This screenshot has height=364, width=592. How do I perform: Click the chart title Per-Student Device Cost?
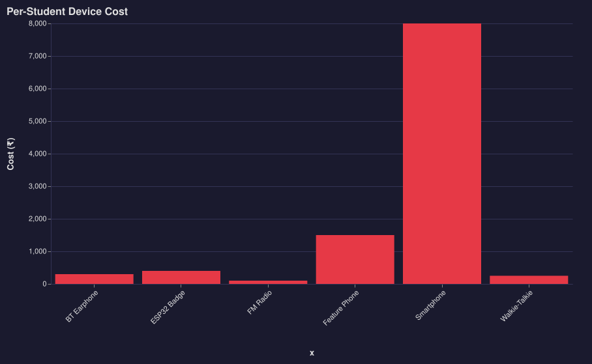(x=67, y=12)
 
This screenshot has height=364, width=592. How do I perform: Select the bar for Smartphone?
(x=442, y=154)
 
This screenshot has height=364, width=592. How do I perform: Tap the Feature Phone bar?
(x=355, y=259)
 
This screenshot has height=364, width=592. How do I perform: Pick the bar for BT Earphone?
(x=94, y=279)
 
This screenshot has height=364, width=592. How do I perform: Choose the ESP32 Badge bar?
(x=181, y=277)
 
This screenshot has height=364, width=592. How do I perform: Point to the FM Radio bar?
(x=268, y=282)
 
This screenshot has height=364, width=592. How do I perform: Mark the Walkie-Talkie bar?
(x=529, y=280)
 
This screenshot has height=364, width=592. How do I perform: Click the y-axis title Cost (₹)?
(x=10, y=154)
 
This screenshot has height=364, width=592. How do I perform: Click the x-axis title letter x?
(x=312, y=353)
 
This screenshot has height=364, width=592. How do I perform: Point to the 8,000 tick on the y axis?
(x=38, y=23)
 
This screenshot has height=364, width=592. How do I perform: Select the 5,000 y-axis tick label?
(x=38, y=121)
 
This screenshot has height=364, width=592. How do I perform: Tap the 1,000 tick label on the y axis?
(x=38, y=251)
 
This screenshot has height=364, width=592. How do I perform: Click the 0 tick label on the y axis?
(x=44, y=284)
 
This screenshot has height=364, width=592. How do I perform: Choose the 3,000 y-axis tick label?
(x=38, y=186)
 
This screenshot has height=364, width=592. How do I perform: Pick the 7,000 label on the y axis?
(x=38, y=56)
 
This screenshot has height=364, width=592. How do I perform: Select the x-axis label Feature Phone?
(x=341, y=308)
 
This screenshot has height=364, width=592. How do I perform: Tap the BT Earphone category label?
(x=82, y=307)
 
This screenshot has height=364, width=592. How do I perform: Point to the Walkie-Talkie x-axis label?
(x=516, y=307)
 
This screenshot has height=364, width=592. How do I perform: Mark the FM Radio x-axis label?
(x=259, y=303)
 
